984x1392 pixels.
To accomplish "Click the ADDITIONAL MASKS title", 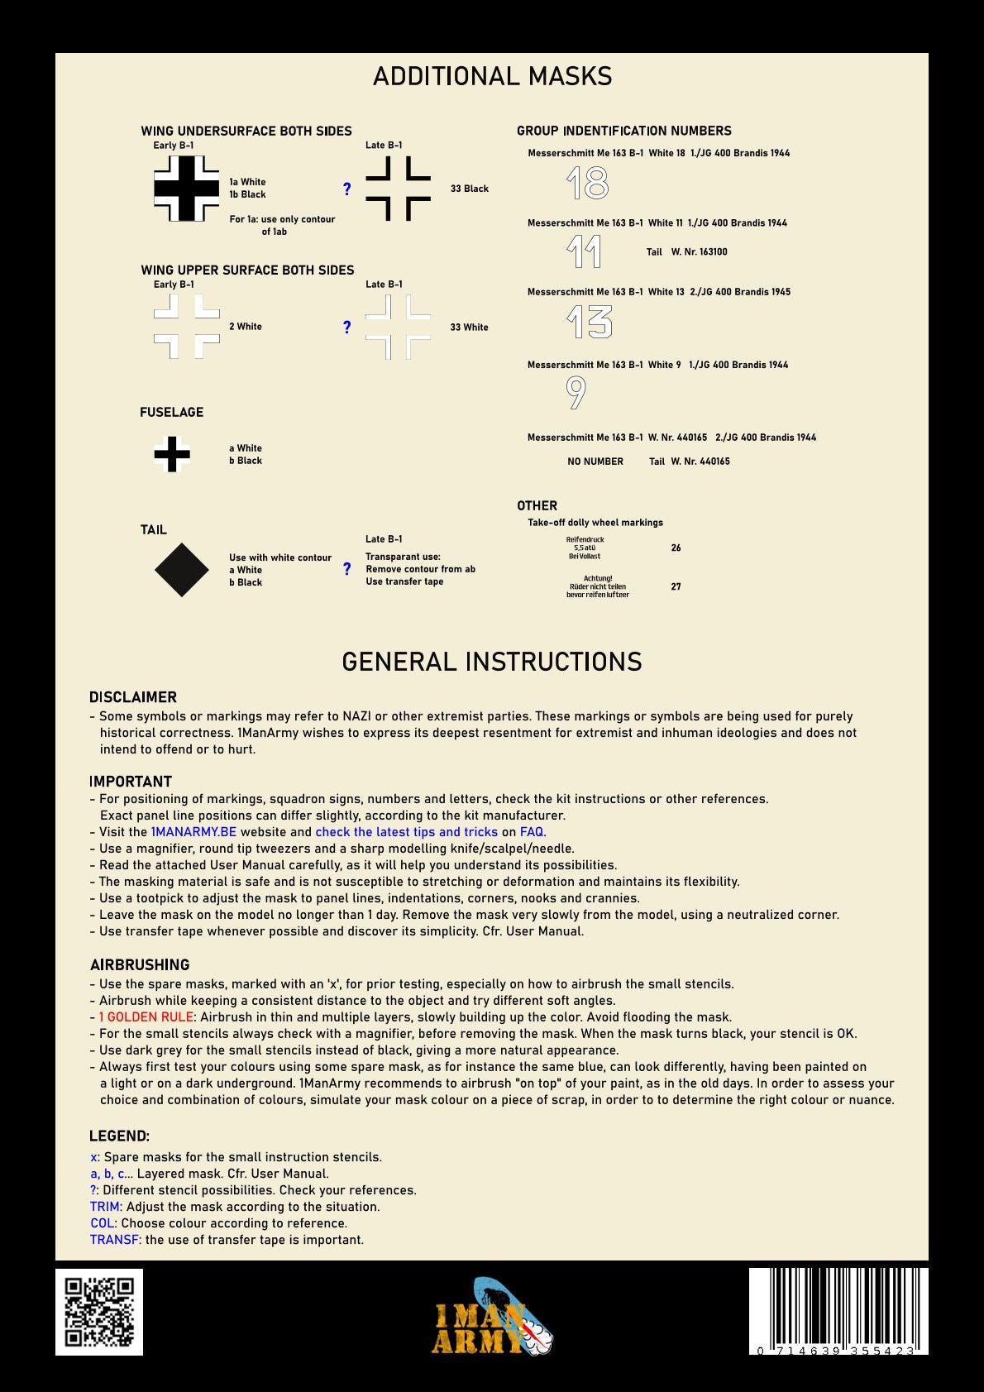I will [492, 77].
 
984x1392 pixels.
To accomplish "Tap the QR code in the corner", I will [99, 1312].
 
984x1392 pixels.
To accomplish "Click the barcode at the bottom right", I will [838, 1310].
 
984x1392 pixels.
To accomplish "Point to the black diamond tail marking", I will [182, 570].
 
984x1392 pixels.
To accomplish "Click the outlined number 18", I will [588, 184].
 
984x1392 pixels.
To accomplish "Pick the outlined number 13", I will [590, 322].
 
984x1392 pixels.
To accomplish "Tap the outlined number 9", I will [576, 393].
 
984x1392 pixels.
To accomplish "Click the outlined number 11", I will [585, 252].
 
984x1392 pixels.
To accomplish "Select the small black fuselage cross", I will [172, 454].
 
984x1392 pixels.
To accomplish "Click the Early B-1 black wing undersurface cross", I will [187, 189].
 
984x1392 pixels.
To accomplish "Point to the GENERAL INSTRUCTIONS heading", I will [492, 662].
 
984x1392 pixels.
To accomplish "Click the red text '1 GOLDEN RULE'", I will [146, 1017].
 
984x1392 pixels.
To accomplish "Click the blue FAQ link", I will [532, 832].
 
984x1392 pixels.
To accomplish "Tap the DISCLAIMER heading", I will [133, 697].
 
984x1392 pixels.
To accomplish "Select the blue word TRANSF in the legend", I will [114, 1240].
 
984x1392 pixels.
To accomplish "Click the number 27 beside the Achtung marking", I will [676, 586].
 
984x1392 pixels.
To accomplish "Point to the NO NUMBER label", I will [595, 462].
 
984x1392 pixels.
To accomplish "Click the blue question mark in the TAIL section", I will [346, 569].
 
